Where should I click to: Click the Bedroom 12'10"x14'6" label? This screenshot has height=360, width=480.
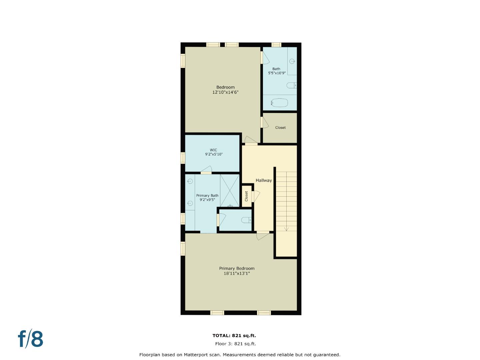pos(225,90)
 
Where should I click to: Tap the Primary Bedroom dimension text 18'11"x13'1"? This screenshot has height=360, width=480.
pos(237,273)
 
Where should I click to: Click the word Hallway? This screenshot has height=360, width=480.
pos(264,180)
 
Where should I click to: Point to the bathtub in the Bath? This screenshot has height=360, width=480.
pos(279,103)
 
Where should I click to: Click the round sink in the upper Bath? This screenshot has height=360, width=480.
pos(292,61)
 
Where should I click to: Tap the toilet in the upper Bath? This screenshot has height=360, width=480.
pos(291,86)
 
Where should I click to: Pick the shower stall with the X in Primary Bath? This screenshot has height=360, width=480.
pos(230,190)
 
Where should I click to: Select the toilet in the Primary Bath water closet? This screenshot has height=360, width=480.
pos(246,220)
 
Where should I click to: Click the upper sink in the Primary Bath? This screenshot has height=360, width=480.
pos(190,181)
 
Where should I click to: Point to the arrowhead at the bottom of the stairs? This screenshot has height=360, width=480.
pos(286,229)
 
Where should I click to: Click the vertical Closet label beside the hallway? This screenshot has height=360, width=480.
pos(247,196)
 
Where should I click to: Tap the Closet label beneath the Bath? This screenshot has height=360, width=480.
pos(280,128)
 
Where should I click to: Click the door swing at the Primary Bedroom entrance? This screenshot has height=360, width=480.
pos(263,236)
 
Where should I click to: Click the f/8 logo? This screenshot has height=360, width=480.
pos(30,339)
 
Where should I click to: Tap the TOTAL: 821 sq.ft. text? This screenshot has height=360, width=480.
pos(234,336)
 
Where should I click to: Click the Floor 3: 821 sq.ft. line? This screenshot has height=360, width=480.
pos(235,344)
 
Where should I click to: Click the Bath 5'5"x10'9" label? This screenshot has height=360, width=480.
pos(277,71)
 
